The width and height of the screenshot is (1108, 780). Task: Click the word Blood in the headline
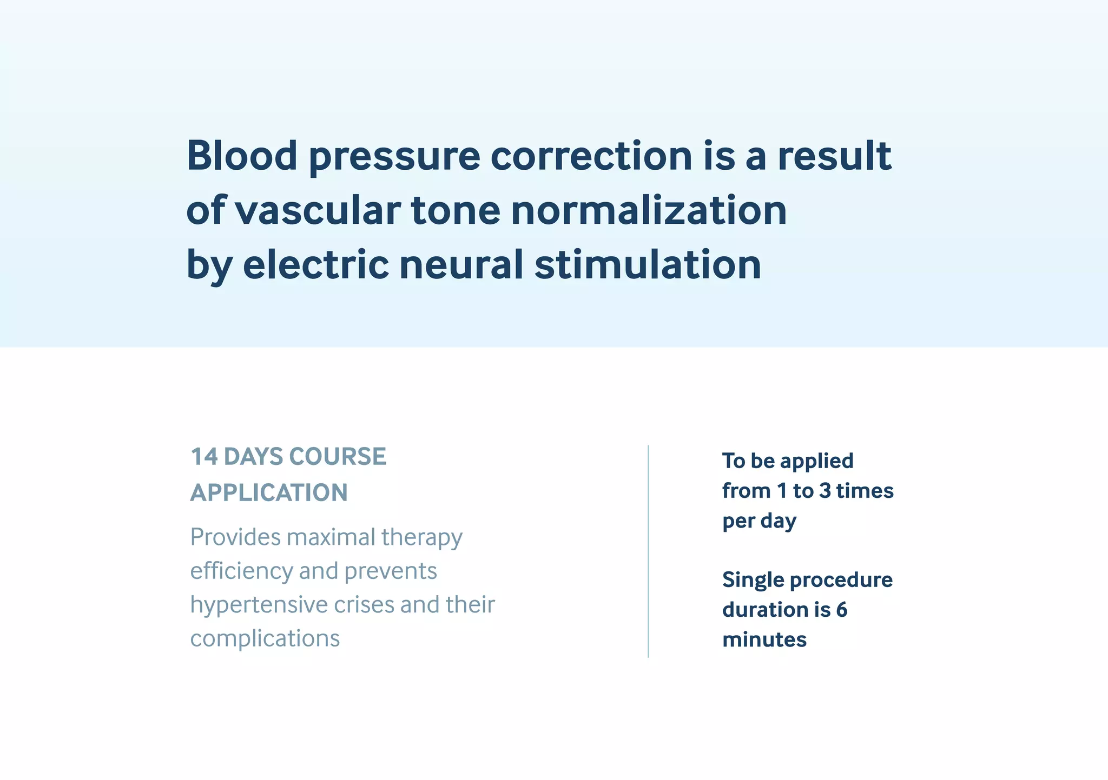click(242, 156)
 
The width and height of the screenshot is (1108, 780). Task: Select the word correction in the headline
click(591, 156)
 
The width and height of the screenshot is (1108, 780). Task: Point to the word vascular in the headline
click(318, 210)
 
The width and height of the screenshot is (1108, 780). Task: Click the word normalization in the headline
click(649, 210)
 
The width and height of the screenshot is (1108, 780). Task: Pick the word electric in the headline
click(315, 264)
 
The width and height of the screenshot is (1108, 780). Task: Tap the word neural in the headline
click(461, 264)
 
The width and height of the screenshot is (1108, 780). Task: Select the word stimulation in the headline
click(648, 264)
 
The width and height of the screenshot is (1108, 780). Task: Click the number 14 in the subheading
click(204, 457)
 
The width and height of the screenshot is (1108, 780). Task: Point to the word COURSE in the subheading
click(338, 457)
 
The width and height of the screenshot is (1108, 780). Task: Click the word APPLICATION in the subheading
click(269, 492)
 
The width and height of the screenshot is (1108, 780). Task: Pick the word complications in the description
click(265, 638)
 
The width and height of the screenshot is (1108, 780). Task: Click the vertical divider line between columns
click(648, 551)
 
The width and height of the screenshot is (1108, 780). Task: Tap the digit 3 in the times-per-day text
click(825, 491)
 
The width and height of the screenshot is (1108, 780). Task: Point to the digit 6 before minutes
click(841, 610)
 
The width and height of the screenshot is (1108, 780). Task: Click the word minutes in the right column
click(764, 639)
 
